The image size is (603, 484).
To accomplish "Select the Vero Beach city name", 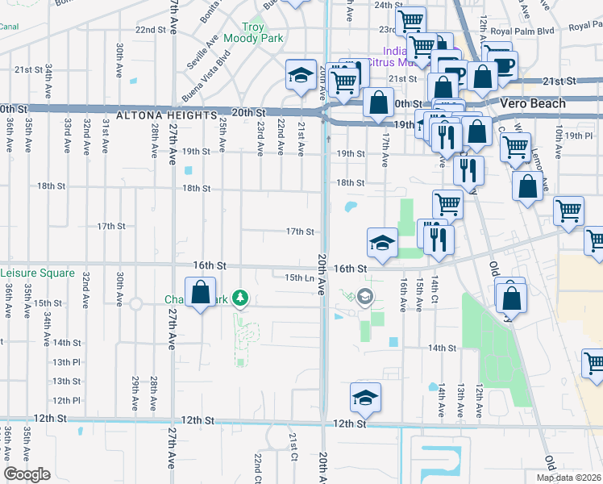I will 532,103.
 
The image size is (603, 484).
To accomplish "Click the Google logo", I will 26,474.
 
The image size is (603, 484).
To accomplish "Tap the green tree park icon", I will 239,299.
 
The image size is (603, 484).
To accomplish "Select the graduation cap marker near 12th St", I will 365,397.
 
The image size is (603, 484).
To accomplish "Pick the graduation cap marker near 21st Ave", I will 301,74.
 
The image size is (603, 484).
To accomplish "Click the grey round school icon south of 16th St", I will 365,298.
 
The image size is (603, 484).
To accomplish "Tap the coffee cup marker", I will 504,64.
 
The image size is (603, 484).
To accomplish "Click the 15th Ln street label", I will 299,278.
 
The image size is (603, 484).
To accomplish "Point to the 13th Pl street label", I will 66,362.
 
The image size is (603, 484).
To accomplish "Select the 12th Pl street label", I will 66,400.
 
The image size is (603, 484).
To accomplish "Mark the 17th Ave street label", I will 385,150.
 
